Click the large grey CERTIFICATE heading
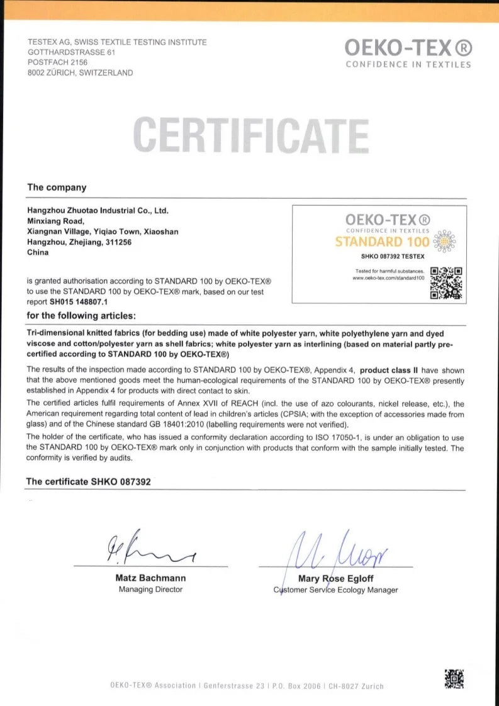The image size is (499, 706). [250, 135]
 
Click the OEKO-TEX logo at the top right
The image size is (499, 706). [408, 48]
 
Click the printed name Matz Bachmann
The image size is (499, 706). [150, 578]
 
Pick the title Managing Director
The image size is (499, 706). [150, 590]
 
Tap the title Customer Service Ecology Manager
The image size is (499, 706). [335, 590]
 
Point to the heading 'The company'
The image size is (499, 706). [57, 188]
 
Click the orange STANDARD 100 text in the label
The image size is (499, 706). [382, 241]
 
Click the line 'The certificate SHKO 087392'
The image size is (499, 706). [88, 481]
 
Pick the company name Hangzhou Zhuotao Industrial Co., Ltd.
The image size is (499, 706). [98, 211]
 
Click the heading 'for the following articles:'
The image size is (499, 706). [81, 315]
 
